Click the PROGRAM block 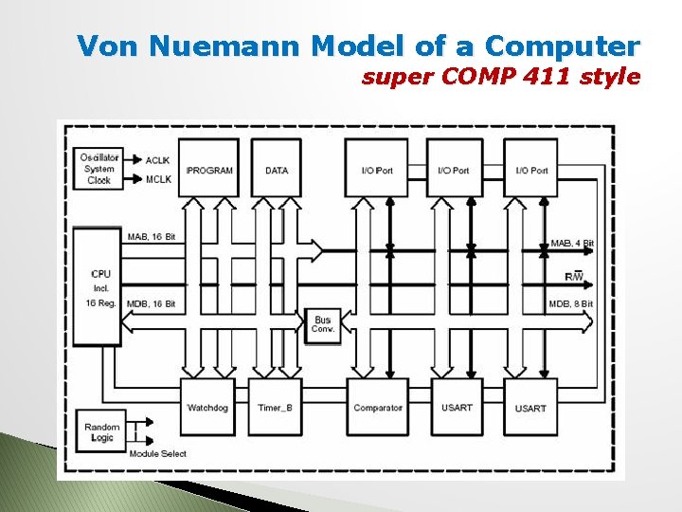[x=209, y=169]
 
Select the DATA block [x=277, y=169]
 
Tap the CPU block [x=97, y=285]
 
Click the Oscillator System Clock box [x=99, y=169]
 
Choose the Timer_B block [x=276, y=407]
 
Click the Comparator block [x=377, y=407]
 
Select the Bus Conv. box [x=323, y=324]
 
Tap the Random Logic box [x=101, y=432]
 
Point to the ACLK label [x=157, y=159]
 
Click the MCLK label [x=157, y=178]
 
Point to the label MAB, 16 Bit [x=151, y=236]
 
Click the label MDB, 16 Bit [x=151, y=303]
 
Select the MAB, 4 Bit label [x=571, y=244]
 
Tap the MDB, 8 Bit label [x=570, y=303]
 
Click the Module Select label [x=157, y=454]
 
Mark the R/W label [x=574, y=276]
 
